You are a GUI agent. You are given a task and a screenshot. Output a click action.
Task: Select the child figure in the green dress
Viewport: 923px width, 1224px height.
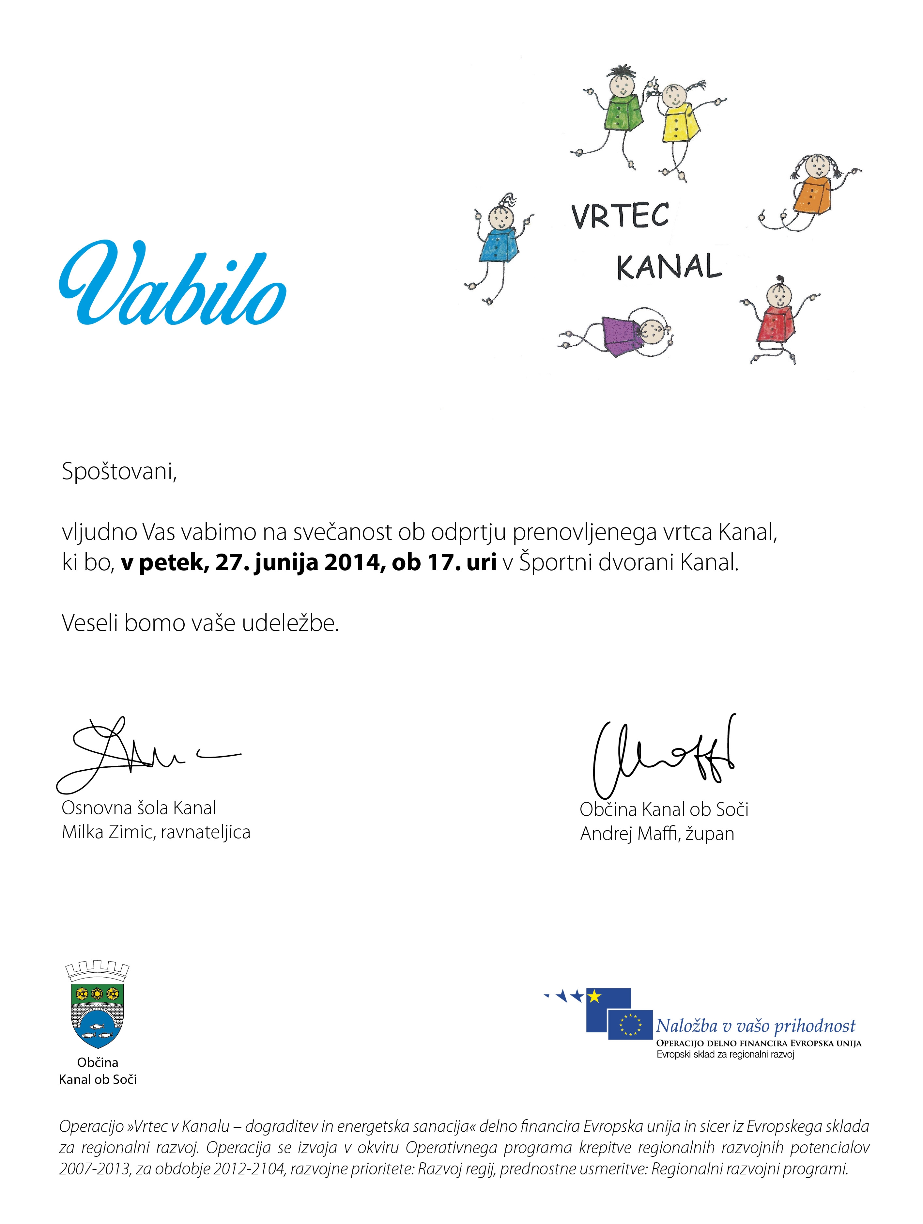tap(623, 111)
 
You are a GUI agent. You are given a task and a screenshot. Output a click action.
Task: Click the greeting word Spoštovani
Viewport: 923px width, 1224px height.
tap(119, 471)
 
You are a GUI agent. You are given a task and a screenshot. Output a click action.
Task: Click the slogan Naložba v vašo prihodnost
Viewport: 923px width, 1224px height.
tap(755, 1026)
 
